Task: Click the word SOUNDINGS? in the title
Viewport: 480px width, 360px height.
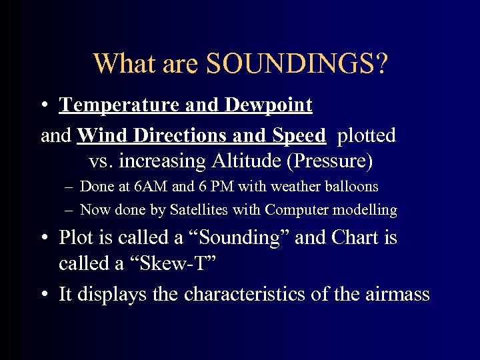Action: pos(297,64)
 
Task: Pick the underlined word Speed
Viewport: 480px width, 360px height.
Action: pos(297,136)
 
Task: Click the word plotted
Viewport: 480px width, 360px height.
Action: pos(366,136)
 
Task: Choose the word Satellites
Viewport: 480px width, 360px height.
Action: pos(198,210)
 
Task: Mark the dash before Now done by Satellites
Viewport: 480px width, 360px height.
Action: pos(69,211)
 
